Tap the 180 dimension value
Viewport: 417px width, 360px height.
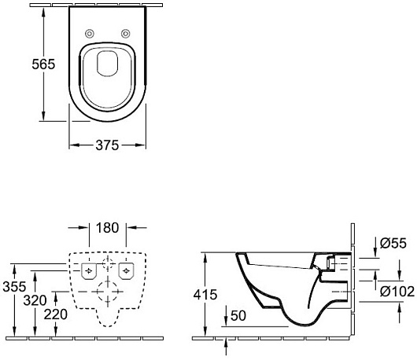108,229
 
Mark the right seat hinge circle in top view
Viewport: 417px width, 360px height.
126,33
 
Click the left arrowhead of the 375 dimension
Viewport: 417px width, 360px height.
73,145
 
